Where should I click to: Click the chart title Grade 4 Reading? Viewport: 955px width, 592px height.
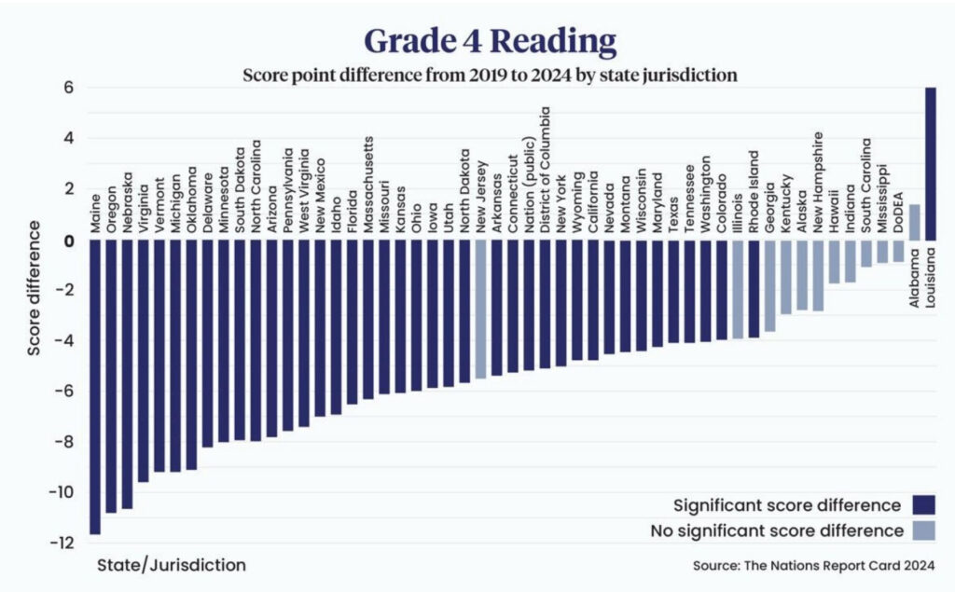pyautogui.click(x=490, y=42)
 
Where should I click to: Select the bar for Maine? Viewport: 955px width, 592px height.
pyautogui.click(x=94, y=387)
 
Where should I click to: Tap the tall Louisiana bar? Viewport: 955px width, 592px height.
pyautogui.click(x=931, y=163)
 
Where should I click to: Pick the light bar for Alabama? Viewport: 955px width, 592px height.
pyautogui.click(x=915, y=222)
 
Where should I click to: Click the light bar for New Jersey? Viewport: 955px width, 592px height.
pyautogui.click(x=480, y=309)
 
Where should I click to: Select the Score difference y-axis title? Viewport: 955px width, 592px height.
pyautogui.click(x=35, y=289)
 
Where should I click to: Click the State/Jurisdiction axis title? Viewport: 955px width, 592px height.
pyautogui.click(x=172, y=565)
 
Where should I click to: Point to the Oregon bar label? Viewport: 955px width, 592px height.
pyautogui.click(x=111, y=210)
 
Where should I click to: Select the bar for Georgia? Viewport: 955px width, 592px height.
pyautogui.click(x=769, y=285)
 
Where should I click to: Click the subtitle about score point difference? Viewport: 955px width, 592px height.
pyautogui.click(x=490, y=75)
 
